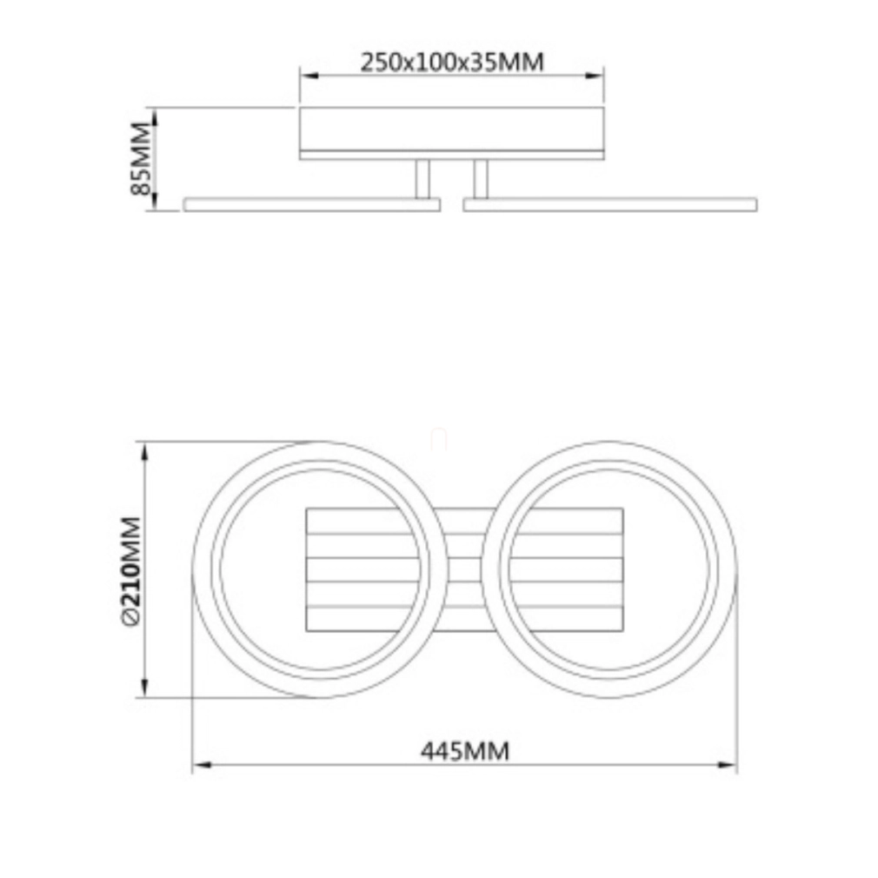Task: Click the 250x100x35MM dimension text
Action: click(452, 62)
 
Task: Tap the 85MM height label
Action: click(140, 158)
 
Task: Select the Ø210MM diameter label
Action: click(130, 571)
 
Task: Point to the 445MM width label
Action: click(465, 751)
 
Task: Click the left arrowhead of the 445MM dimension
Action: click(202, 764)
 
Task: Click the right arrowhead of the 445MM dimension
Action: click(728, 764)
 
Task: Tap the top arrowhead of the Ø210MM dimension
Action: click(144, 452)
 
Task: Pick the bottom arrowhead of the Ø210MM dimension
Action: click(144, 688)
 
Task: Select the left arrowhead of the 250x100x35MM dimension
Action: click(309, 75)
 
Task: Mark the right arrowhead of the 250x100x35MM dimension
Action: click(594, 75)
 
